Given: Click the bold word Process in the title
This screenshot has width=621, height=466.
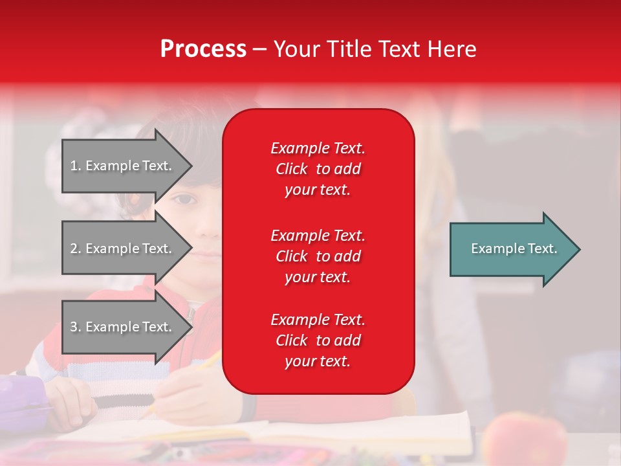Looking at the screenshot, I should pyautogui.click(x=203, y=49).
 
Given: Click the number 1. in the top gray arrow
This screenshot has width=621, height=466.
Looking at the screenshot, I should pyautogui.click(x=76, y=166).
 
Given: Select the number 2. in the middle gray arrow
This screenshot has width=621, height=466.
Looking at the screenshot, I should pyautogui.click(x=76, y=249).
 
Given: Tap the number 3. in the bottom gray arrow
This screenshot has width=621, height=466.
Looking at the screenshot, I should pyautogui.click(x=76, y=327).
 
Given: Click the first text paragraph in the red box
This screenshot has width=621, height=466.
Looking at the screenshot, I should pyautogui.click(x=318, y=169).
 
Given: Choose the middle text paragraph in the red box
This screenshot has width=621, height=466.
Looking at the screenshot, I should pyautogui.click(x=318, y=256).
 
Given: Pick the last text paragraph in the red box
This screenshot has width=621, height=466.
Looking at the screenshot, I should pyautogui.click(x=318, y=340).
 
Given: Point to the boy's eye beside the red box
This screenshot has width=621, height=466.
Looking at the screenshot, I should pyautogui.click(x=182, y=200).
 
